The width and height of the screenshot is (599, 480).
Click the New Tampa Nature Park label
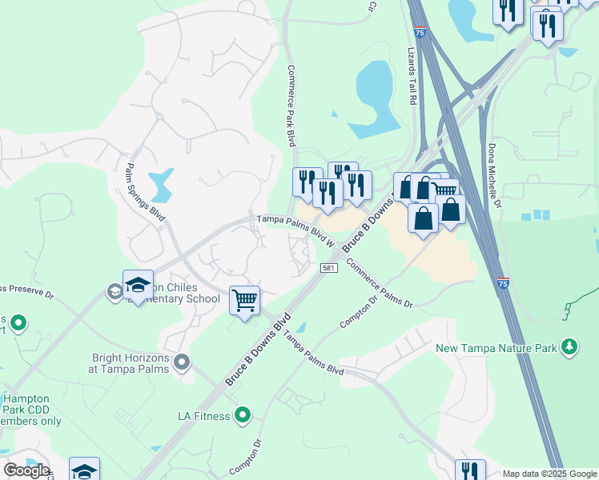coord(497,348)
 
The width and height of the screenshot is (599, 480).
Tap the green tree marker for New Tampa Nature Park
coord(569,346)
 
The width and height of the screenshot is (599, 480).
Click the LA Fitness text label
coord(204,416)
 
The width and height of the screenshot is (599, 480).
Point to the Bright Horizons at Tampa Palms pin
coord(183,362)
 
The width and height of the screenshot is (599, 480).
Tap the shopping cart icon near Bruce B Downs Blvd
coord(245,301)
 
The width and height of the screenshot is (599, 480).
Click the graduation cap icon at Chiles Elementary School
coord(138,286)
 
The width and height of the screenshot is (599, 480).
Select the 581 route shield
coord(328,268)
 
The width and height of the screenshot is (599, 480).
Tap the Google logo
coord(26,470)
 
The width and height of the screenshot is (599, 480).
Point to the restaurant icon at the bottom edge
coord(470,471)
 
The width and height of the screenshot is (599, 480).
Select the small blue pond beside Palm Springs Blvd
coord(163,185)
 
